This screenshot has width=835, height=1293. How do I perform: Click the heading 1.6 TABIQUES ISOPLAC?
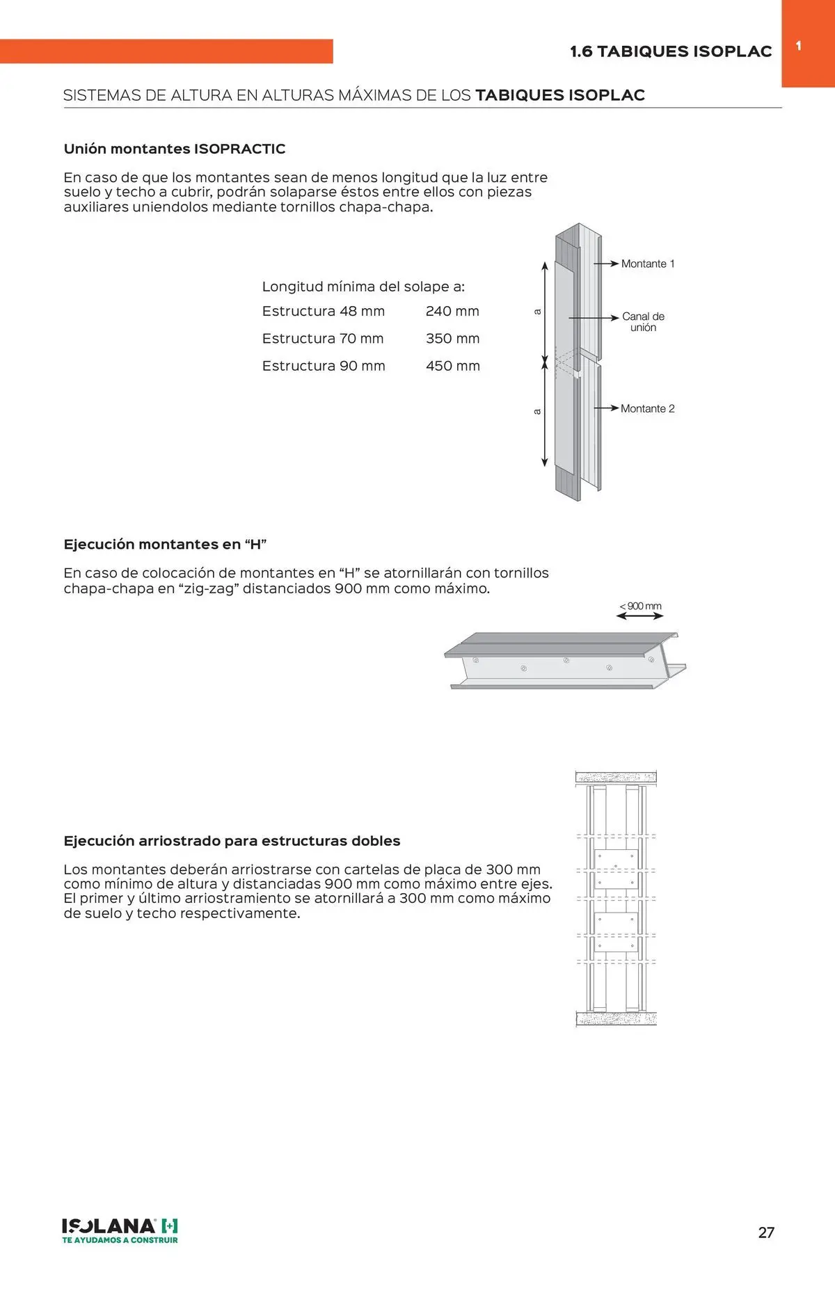[x=671, y=51]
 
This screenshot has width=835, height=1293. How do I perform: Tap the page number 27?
[x=766, y=1232]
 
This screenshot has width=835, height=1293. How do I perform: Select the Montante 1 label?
[x=648, y=264]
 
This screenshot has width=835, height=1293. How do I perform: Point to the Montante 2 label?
[x=648, y=409]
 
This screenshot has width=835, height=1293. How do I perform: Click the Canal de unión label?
[x=643, y=322]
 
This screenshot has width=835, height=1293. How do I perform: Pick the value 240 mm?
[x=452, y=312]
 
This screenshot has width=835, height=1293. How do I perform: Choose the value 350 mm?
[x=452, y=339]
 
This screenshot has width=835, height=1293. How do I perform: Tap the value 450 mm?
[x=452, y=366]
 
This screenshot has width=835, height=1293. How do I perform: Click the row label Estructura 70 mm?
[x=323, y=339]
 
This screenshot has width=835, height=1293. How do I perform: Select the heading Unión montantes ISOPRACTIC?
[x=175, y=149]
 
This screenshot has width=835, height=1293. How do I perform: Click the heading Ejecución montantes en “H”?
[x=166, y=545]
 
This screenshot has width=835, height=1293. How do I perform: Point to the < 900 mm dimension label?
[x=640, y=606]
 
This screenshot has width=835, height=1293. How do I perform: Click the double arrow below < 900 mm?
[x=640, y=616]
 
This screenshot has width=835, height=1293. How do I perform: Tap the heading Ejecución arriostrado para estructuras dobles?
[x=232, y=841]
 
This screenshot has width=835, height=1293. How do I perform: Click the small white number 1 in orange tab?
[x=799, y=46]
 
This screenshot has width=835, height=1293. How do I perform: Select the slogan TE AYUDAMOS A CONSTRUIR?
[x=120, y=1240]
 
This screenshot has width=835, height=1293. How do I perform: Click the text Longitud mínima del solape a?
[x=363, y=287]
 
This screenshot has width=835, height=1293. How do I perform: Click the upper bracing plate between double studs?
[x=616, y=869]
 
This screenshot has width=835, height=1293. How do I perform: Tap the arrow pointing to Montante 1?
[x=606, y=264]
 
